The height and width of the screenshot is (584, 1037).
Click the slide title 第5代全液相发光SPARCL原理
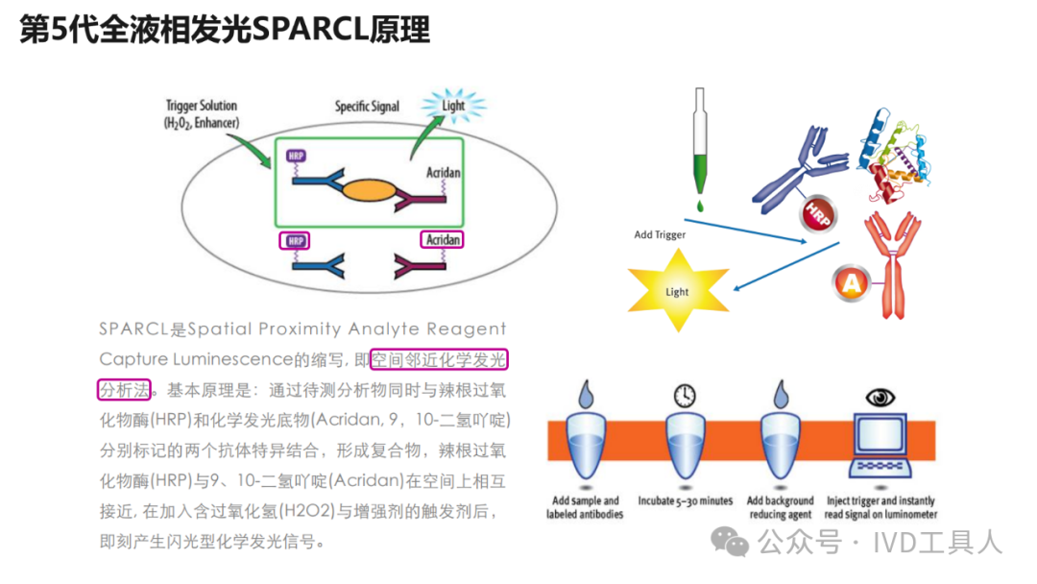225,31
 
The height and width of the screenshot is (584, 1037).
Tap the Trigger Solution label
201,113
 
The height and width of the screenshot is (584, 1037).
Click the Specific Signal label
367,107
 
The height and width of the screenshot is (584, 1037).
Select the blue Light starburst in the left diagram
453,106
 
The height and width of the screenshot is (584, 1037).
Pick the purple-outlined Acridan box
441,240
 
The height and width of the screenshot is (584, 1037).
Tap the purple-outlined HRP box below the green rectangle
294,240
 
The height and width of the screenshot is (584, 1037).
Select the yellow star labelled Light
677,289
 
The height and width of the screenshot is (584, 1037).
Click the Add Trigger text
661,233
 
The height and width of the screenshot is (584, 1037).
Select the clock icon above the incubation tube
684,396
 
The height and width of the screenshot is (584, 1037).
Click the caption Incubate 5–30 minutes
685,500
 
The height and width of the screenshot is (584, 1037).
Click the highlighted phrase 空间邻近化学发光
439,360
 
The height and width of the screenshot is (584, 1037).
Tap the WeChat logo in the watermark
736,544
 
